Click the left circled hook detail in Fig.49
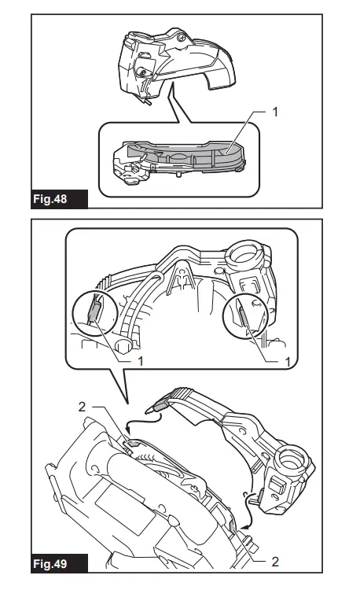(x=95, y=314)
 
